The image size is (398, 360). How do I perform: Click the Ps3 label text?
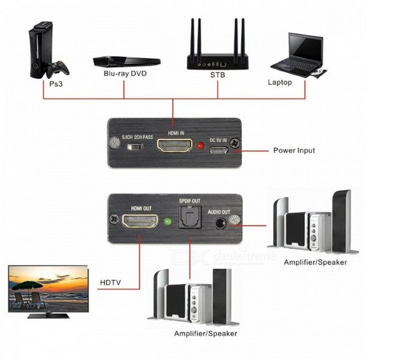[55, 83]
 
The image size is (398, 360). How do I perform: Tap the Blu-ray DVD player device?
[126, 61]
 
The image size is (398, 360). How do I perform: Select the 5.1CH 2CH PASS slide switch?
[134, 148]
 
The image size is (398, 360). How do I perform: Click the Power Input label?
[294, 150]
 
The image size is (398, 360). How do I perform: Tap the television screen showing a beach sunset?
[48, 288]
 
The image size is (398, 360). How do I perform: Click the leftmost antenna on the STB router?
[191, 38]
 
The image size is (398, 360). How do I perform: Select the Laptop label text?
[280, 82]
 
